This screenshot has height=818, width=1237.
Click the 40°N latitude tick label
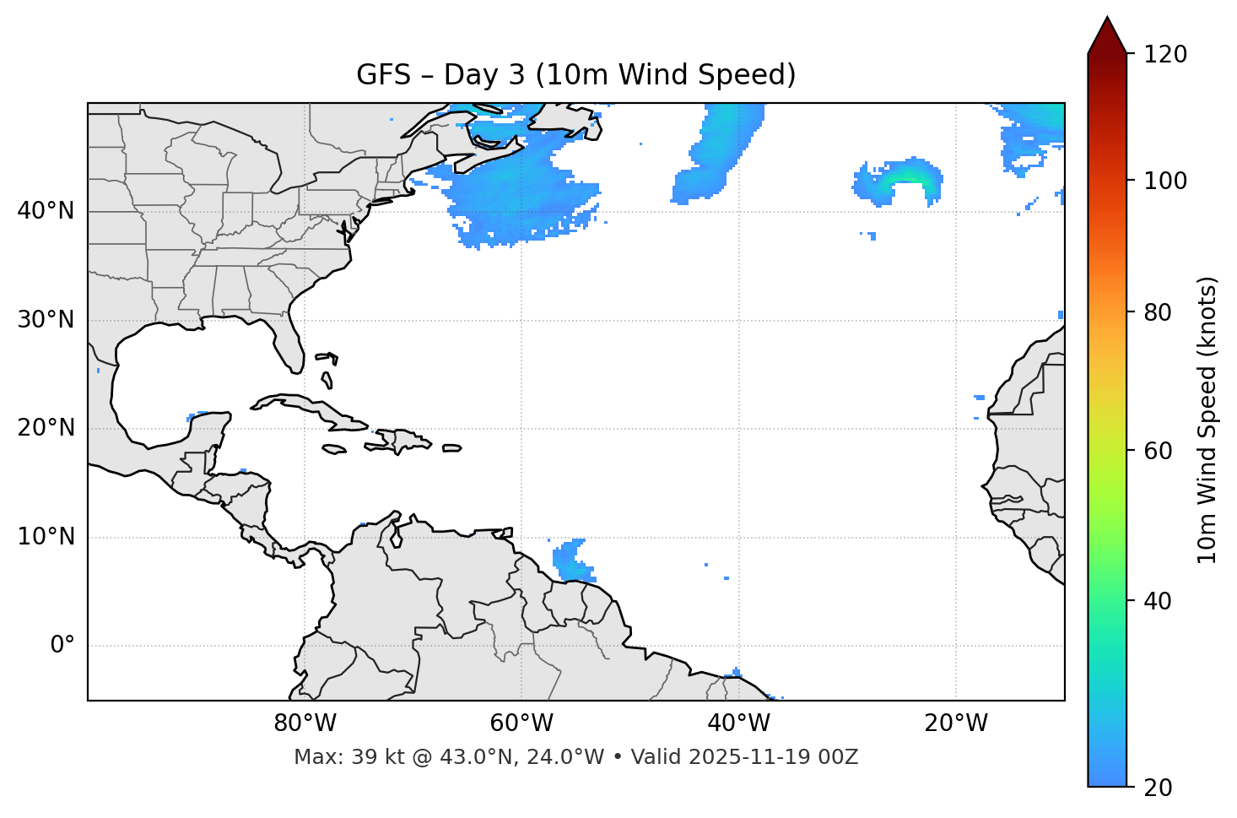point(46,211)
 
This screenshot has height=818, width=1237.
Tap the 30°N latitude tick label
point(46,320)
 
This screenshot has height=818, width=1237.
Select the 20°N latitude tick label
point(46,428)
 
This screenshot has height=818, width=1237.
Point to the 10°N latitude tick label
point(46,537)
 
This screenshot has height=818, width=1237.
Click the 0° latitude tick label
point(62,646)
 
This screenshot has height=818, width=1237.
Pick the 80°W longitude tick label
point(305,723)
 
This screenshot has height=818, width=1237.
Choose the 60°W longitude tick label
point(521,723)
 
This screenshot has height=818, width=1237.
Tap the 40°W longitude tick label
point(738,723)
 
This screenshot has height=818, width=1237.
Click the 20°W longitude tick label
point(956,723)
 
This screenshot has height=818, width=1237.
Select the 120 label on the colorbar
point(1165,54)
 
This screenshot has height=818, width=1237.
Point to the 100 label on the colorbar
point(1165,181)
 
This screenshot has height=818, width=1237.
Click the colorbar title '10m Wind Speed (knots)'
point(1207,420)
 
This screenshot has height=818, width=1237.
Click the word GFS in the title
point(383,75)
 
